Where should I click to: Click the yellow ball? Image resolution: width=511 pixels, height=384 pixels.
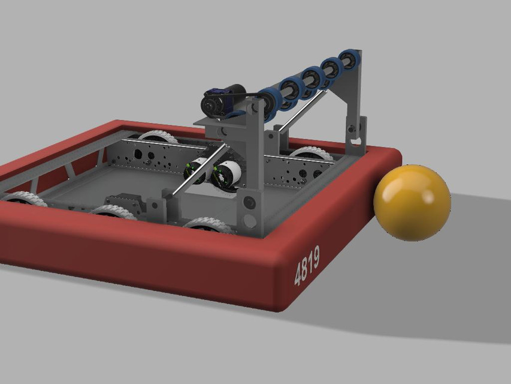pyautogui.click(x=412, y=202)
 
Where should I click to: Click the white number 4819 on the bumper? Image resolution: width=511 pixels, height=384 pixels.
pyautogui.click(x=307, y=265)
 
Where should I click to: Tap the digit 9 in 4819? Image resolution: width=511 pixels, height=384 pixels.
pyautogui.click(x=315, y=257)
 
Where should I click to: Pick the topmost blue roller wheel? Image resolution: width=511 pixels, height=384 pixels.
pyautogui.click(x=347, y=59)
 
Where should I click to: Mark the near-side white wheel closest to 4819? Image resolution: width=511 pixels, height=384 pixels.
pyautogui.click(x=207, y=226)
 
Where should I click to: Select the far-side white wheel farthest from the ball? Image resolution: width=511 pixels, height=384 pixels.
pyautogui.click(x=157, y=137)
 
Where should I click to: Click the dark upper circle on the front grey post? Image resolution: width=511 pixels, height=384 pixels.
pyautogui.click(x=249, y=203)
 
